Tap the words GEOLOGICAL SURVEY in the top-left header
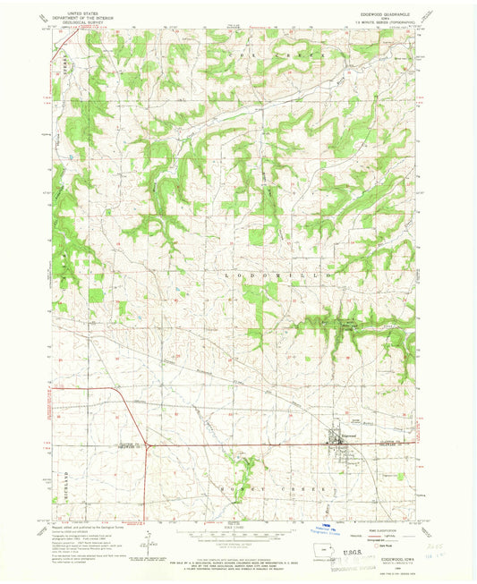pos(80,21)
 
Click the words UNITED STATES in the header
pos(80,11)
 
